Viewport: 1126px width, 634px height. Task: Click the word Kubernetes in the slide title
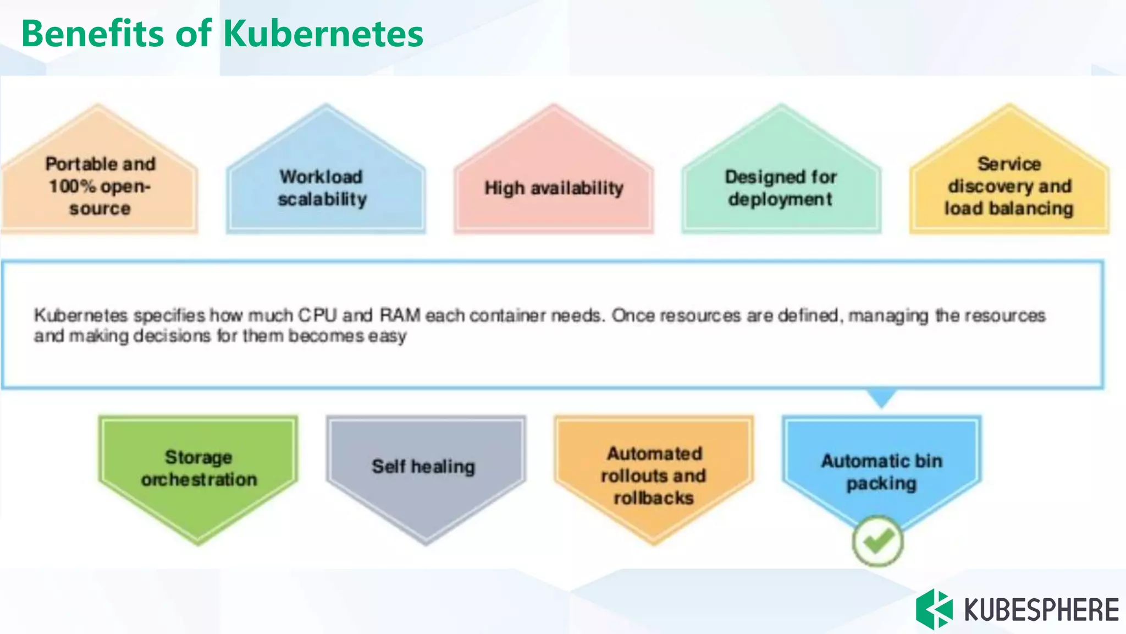point(323,34)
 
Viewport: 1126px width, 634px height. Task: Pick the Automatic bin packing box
point(881,471)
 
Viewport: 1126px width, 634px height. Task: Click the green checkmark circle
point(877,541)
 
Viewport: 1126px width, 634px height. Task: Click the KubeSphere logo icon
point(934,609)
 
